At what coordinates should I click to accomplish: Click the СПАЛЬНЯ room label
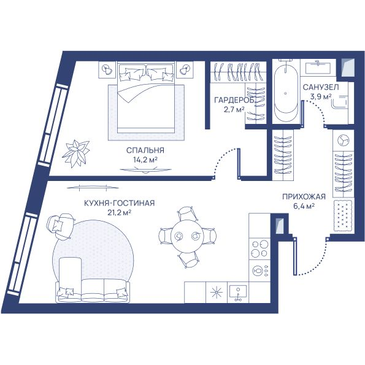(x=145, y=150)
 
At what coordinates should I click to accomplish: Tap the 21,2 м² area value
(x=119, y=212)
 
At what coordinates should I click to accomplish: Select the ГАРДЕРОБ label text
(x=234, y=100)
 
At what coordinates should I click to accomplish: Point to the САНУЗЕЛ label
(x=321, y=87)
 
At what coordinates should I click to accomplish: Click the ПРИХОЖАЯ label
(x=304, y=197)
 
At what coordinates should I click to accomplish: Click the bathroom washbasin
(x=318, y=67)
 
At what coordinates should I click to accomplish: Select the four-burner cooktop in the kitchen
(x=259, y=248)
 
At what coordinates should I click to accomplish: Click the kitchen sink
(x=237, y=293)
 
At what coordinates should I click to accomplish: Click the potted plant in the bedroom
(x=76, y=153)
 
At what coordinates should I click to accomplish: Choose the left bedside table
(x=107, y=69)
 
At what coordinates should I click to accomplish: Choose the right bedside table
(x=185, y=69)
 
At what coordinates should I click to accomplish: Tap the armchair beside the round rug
(x=60, y=226)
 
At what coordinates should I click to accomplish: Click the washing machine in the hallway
(x=344, y=140)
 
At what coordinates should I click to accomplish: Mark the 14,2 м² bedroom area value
(x=145, y=159)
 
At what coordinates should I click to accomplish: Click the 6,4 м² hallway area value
(x=304, y=206)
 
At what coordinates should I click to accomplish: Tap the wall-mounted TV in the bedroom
(x=146, y=171)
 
